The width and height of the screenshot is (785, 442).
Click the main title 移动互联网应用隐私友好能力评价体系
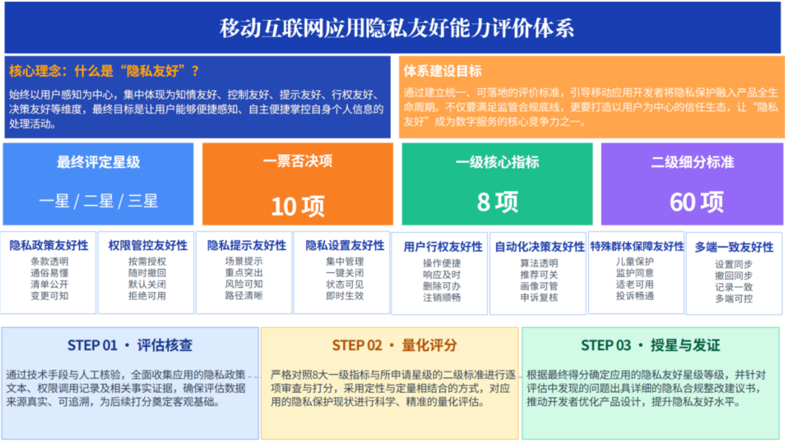click(396, 28)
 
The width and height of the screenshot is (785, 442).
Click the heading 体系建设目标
click(443, 71)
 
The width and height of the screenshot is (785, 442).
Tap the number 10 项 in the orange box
click(298, 206)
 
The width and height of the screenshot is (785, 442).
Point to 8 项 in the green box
click(497, 202)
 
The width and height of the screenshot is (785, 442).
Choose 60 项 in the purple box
click(696, 202)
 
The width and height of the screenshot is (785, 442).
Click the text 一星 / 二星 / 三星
click(98, 201)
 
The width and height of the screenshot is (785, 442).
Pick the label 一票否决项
click(298, 161)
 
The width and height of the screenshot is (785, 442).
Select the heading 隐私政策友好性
click(49, 245)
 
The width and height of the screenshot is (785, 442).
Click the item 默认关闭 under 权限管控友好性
click(147, 284)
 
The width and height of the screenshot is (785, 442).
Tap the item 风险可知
click(244, 284)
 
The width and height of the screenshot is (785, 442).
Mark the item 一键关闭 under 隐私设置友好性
click(345, 273)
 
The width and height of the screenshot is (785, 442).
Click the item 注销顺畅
click(442, 297)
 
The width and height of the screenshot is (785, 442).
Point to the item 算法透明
click(539, 263)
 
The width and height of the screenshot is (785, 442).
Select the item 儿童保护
click(635, 261)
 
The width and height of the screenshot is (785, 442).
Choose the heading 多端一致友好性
click(734, 247)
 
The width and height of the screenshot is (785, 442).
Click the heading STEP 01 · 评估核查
click(130, 345)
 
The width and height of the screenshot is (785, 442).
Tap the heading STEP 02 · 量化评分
click(394, 345)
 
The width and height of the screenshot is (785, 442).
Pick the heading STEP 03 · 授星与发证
click(651, 345)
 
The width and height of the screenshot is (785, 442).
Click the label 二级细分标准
click(692, 162)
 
